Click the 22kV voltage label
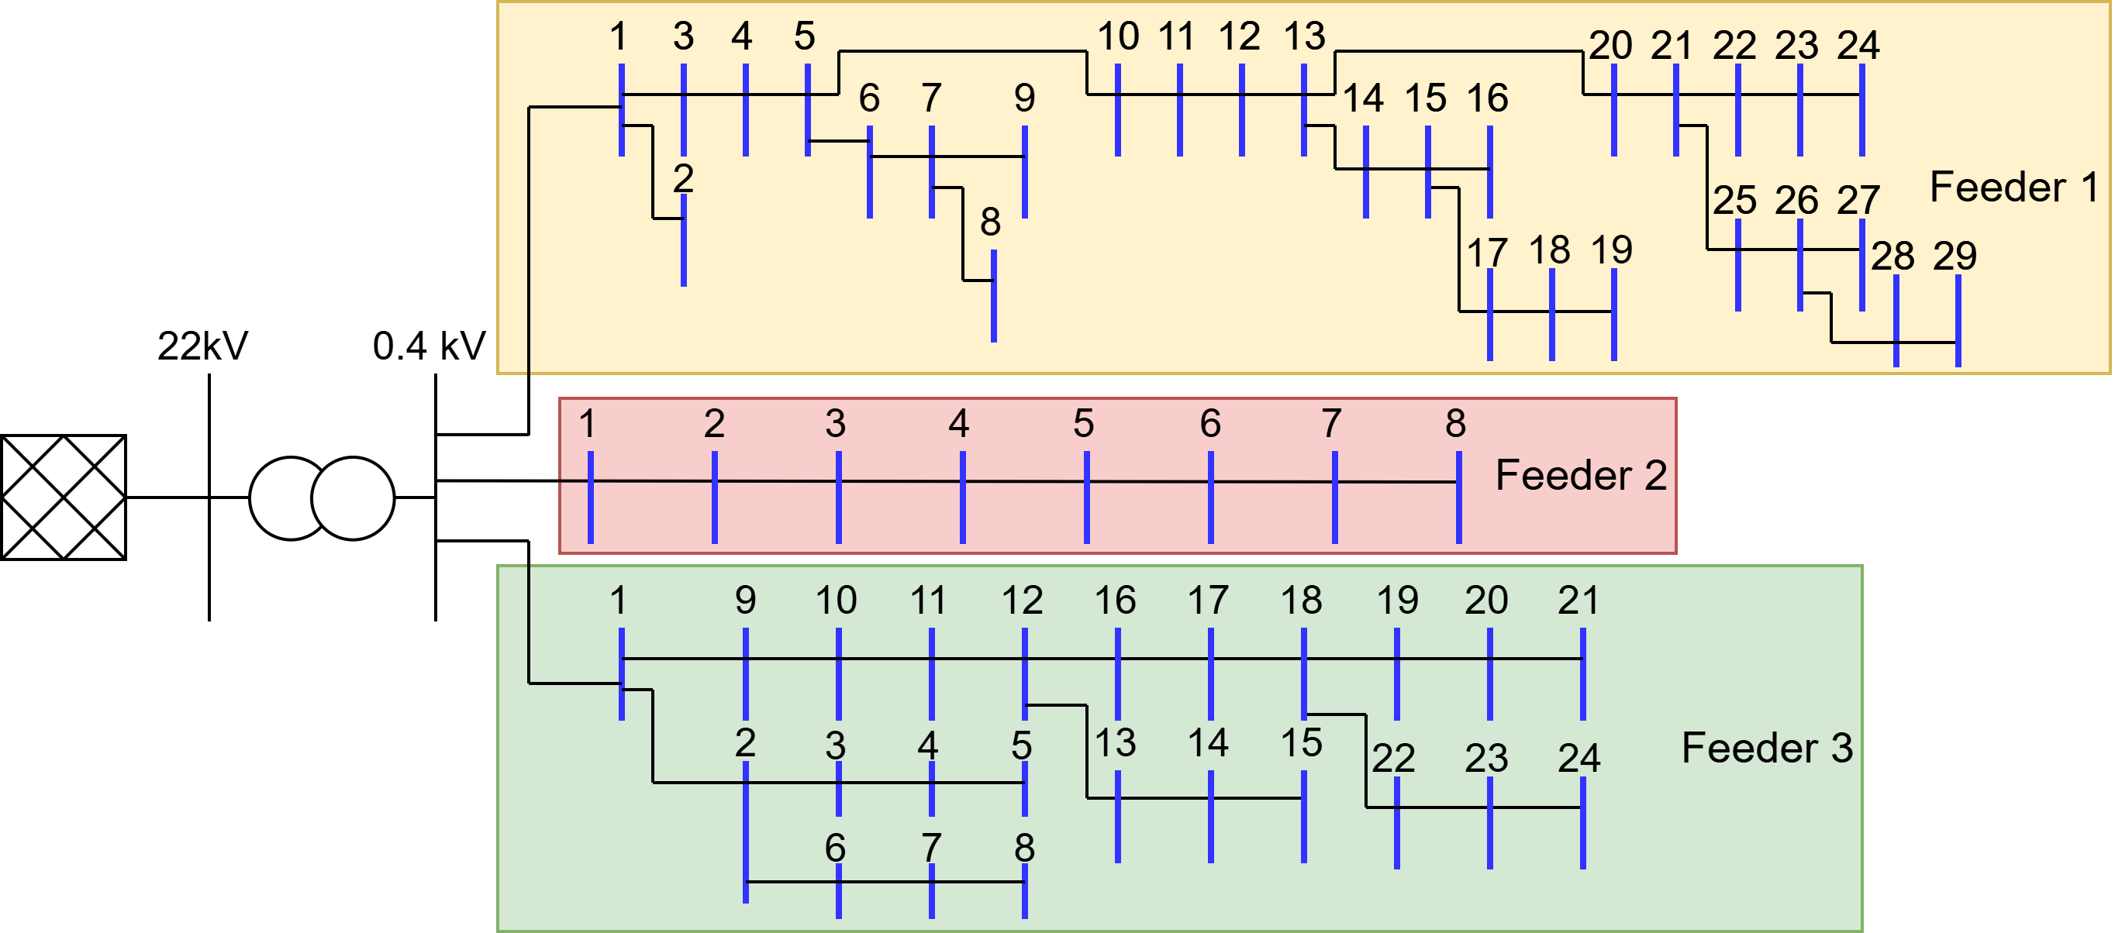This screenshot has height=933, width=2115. pos(202,346)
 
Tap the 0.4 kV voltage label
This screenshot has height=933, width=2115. pos(429,346)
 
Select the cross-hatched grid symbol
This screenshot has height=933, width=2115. pos(64,497)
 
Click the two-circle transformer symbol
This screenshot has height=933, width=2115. pos(322,498)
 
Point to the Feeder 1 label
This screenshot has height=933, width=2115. pos(2013,187)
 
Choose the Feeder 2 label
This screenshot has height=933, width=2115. pos(1581,475)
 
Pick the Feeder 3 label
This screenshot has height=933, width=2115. pos(1767,748)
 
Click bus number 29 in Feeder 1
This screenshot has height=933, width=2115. pos(1954,256)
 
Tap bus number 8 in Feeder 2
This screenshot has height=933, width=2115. pos(1455,423)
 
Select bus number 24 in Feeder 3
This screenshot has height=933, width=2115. pos(1578,757)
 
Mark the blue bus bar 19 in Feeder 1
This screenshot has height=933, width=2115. pos(1613,315)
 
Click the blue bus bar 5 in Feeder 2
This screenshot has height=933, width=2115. pos(1086,497)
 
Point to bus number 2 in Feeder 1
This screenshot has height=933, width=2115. pos(683,178)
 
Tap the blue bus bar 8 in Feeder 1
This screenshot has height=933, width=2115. pos(993,296)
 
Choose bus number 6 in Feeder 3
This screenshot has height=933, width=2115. pos(835,848)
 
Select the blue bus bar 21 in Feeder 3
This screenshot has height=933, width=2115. pos(1582,673)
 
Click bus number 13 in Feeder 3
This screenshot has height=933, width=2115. pos(1115,742)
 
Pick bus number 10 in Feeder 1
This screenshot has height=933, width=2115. pos(1117,36)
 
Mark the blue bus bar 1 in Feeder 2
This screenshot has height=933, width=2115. pos(590,497)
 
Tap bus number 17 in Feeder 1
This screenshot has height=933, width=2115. pos(1487,253)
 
